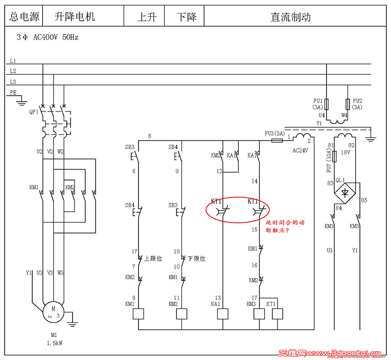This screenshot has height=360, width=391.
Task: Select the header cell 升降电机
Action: click(x=75, y=17)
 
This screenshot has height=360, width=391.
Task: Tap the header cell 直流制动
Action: click(x=290, y=17)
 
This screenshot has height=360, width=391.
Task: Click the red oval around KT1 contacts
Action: click(x=238, y=210)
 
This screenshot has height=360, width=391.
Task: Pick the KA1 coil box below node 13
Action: click(x=222, y=313)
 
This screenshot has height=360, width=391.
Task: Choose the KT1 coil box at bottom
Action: click(x=278, y=313)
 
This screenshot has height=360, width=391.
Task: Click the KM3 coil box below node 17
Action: click(x=259, y=313)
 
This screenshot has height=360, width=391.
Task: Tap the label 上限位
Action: click(x=153, y=259)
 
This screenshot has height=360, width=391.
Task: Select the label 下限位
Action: click(x=196, y=259)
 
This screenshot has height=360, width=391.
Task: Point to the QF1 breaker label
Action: click(x=34, y=110)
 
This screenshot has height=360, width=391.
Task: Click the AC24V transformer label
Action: click(x=300, y=151)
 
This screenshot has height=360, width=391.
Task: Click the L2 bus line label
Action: click(x=13, y=71)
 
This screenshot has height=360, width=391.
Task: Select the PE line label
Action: click(x=13, y=93)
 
